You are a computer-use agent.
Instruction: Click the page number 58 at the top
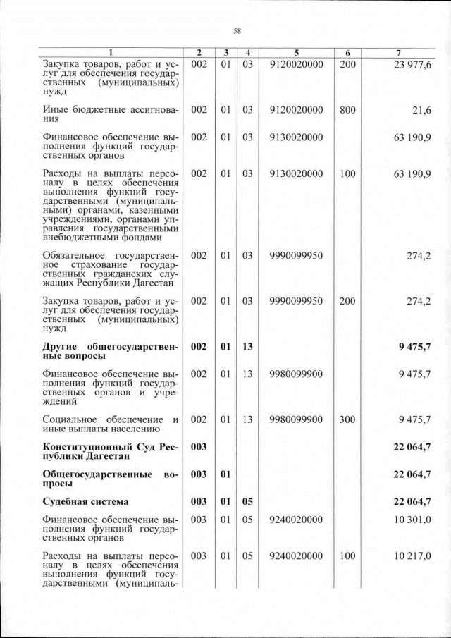(x=237, y=30)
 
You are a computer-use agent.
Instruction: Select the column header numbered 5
(x=296, y=53)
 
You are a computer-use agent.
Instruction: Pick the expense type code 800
(x=347, y=110)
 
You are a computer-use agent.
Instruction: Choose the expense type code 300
(x=347, y=419)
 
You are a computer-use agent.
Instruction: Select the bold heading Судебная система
(x=85, y=502)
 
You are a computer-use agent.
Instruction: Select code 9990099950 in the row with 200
(x=296, y=301)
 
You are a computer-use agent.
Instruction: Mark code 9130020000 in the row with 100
(x=296, y=173)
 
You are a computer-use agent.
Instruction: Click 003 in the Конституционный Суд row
(x=199, y=446)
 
